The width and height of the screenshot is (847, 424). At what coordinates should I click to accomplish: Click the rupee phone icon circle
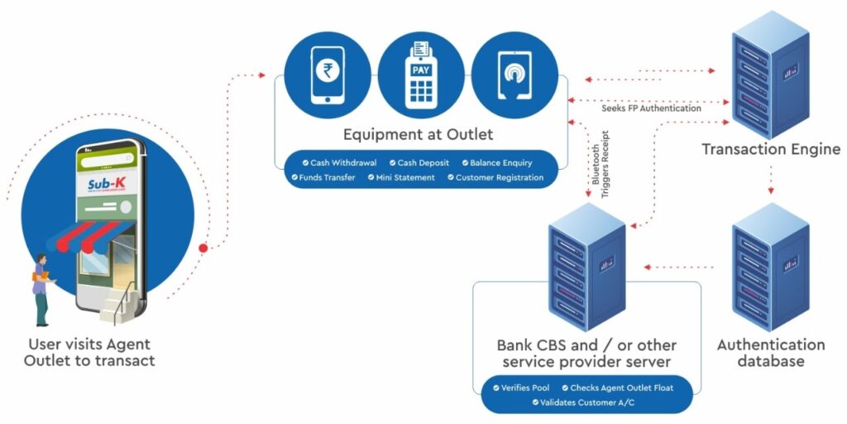327,71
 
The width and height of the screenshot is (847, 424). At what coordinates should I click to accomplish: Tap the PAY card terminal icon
422,71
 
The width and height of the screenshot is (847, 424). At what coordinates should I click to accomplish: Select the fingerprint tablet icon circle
515,71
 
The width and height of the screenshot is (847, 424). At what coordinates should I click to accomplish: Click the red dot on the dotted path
203,248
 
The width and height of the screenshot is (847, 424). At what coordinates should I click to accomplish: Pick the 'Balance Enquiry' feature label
496,162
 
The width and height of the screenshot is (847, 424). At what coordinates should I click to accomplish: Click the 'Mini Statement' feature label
404,177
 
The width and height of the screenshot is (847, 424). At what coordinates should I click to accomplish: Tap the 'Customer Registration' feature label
495,177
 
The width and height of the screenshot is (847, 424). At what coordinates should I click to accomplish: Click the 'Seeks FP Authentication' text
651,108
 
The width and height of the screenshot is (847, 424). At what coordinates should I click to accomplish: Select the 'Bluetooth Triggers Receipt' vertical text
600,161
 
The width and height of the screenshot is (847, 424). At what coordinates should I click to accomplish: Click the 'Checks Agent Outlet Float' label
616,388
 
